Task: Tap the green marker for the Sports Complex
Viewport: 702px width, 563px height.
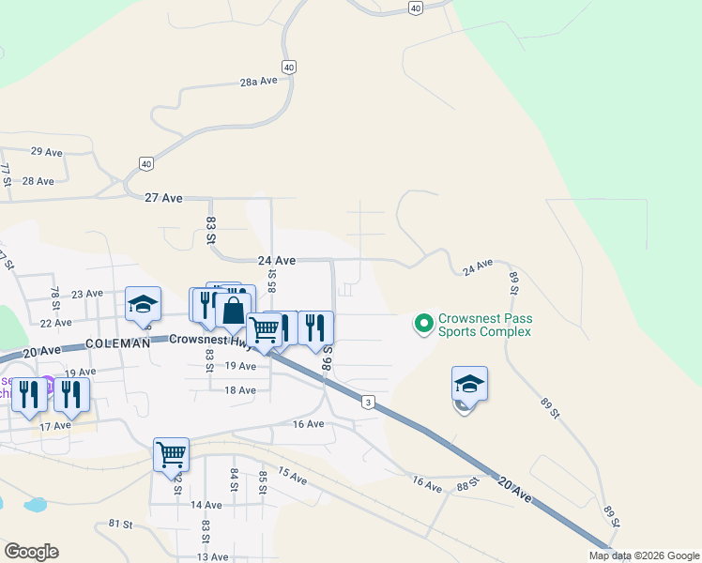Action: pos(423,325)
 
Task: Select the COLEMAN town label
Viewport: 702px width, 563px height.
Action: pos(118,343)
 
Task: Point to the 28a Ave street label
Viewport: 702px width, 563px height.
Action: pos(259,82)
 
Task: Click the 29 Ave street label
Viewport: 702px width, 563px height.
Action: pos(46,151)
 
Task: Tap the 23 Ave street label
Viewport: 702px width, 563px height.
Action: pos(86,294)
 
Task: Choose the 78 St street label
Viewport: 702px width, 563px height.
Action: pos(54,299)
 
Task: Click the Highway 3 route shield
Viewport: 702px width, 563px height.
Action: pos(369,402)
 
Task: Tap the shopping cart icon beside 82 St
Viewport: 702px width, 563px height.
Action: pos(172,454)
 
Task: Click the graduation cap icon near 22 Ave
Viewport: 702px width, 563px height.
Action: pos(144,304)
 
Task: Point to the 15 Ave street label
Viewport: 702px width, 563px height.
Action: pos(293,477)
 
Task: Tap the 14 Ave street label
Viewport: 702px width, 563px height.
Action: pos(206,505)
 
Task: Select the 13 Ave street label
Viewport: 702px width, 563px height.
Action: pos(212,556)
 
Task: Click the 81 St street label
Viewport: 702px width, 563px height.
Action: pos(120,524)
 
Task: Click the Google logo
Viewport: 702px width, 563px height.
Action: pos(31,552)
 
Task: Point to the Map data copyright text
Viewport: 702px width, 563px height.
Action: pos(642,555)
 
